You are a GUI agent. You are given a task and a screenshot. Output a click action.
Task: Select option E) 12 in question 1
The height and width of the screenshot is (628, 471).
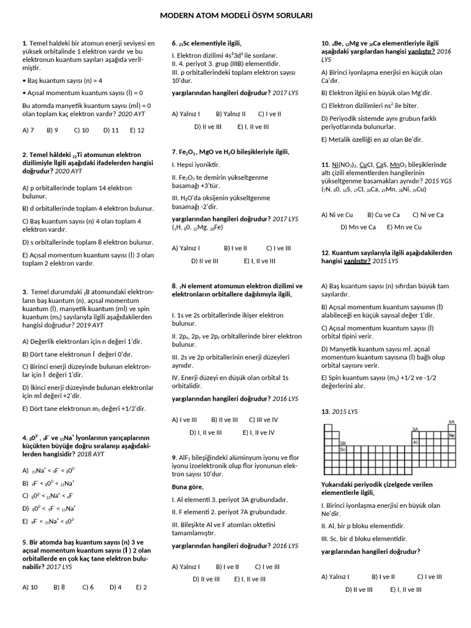137,130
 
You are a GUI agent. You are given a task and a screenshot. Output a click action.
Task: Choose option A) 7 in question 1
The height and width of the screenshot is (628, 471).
28,130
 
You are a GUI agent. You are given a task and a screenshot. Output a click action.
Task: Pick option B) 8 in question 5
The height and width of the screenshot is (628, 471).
59,587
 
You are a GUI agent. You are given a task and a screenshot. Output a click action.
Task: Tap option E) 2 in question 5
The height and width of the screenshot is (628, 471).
141,587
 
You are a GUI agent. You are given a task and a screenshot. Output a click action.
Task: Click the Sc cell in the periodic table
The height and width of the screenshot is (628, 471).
343,449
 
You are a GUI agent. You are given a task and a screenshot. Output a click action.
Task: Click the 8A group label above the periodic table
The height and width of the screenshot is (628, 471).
451,422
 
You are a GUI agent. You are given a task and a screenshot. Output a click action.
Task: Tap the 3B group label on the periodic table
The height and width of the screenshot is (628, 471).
343,442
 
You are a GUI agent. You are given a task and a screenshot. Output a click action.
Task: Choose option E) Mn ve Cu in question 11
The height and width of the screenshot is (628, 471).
404,227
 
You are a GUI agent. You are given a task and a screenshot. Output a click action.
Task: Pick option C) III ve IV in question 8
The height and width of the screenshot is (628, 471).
263,419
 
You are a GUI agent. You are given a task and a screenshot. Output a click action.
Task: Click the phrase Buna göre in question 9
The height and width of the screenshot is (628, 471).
188,486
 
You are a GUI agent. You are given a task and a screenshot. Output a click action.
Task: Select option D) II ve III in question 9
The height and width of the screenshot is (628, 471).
206,578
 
